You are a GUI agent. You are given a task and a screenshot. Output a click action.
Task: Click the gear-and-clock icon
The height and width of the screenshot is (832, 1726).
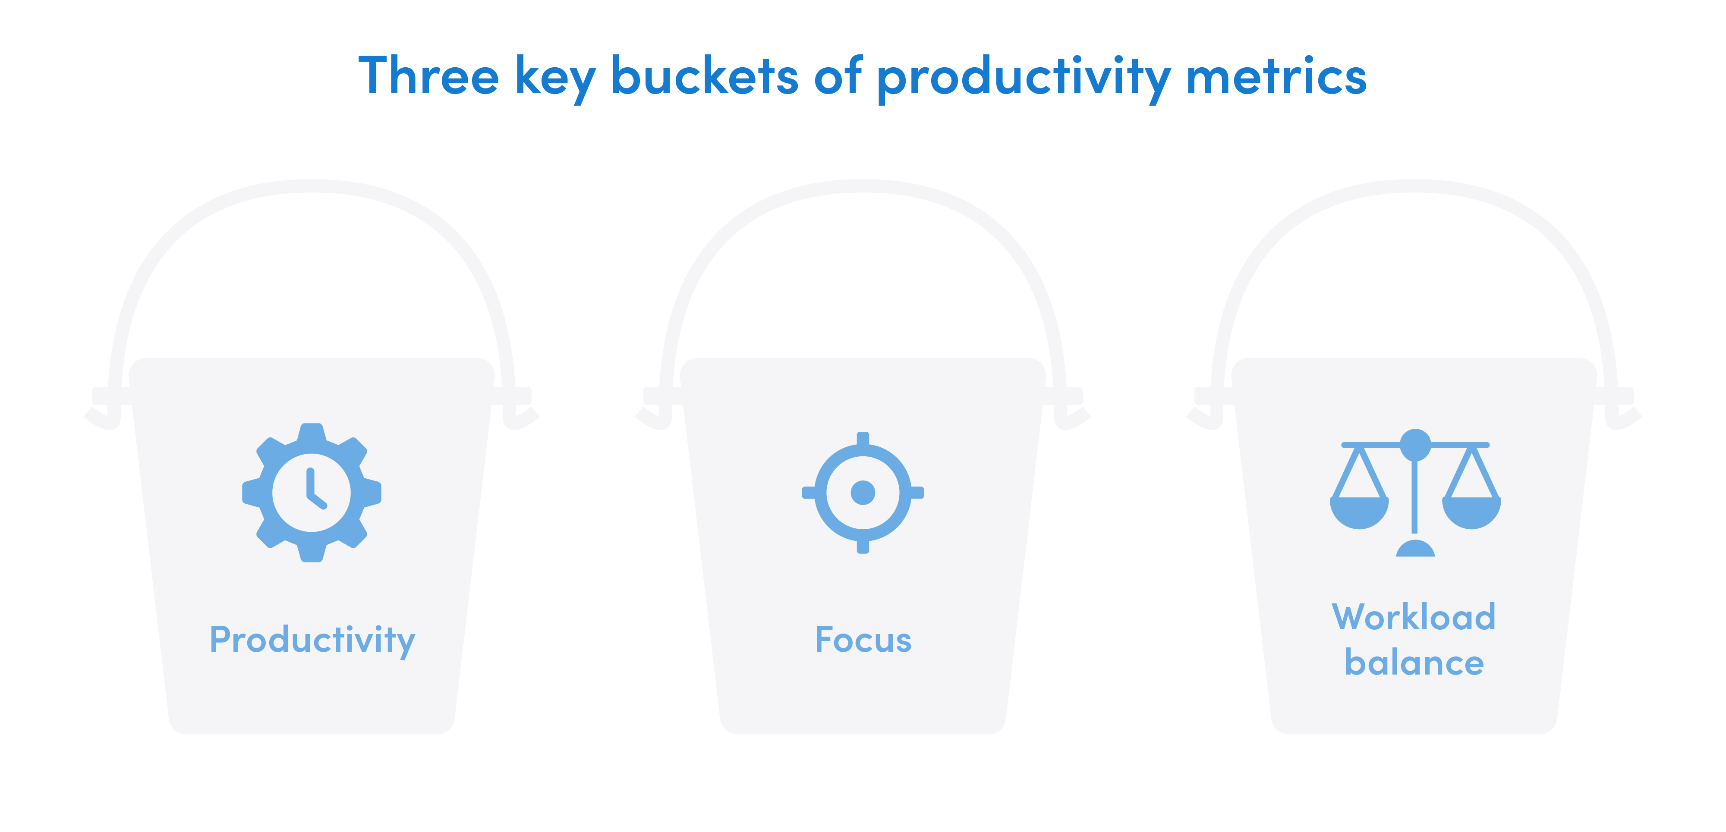point(312,493)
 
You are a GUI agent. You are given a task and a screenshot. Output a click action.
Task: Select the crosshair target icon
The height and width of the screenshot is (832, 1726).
point(863,493)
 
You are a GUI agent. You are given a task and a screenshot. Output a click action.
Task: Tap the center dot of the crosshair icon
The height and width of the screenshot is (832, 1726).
point(863,493)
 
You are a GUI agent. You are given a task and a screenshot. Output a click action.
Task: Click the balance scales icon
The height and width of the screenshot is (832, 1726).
point(1415,493)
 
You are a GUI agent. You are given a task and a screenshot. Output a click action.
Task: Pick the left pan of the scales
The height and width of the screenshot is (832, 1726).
point(1359,512)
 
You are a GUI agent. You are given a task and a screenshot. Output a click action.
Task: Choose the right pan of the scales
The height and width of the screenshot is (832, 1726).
point(1471,512)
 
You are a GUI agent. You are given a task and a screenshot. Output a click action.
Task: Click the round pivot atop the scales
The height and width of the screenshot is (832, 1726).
point(1415,445)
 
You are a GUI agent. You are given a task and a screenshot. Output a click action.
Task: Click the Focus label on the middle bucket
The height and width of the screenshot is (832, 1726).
point(863,640)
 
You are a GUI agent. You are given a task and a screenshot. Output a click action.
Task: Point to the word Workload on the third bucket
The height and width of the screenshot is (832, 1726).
point(1414,617)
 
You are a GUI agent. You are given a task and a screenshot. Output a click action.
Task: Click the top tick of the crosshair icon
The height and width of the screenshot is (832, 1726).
point(863,438)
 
